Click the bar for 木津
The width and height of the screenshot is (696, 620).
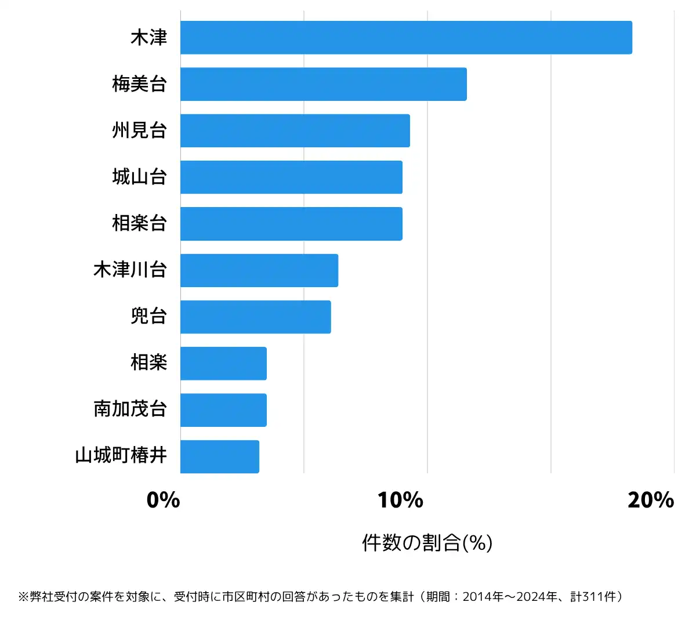click(406, 38)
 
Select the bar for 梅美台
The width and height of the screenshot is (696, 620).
click(323, 84)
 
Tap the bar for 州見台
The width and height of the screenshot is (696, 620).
click(295, 130)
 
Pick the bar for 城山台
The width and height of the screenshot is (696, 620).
click(291, 177)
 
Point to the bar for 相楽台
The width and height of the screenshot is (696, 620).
click(291, 224)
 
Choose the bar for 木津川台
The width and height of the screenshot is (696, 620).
click(259, 270)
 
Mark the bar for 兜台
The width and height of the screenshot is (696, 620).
click(255, 317)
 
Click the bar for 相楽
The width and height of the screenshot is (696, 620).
click(223, 364)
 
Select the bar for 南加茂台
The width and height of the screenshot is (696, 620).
click(223, 410)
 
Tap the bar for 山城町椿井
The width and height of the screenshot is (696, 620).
click(219, 456)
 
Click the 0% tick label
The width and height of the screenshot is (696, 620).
click(163, 500)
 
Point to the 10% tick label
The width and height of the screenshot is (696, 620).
click(400, 500)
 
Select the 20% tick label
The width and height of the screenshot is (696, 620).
click(651, 500)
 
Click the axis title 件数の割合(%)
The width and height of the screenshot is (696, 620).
click(427, 543)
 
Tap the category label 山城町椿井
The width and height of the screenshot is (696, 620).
click(121, 456)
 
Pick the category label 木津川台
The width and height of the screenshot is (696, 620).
click(130, 270)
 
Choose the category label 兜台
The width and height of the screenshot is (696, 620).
click(149, 316)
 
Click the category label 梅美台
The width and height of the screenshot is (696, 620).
click(140, 84)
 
